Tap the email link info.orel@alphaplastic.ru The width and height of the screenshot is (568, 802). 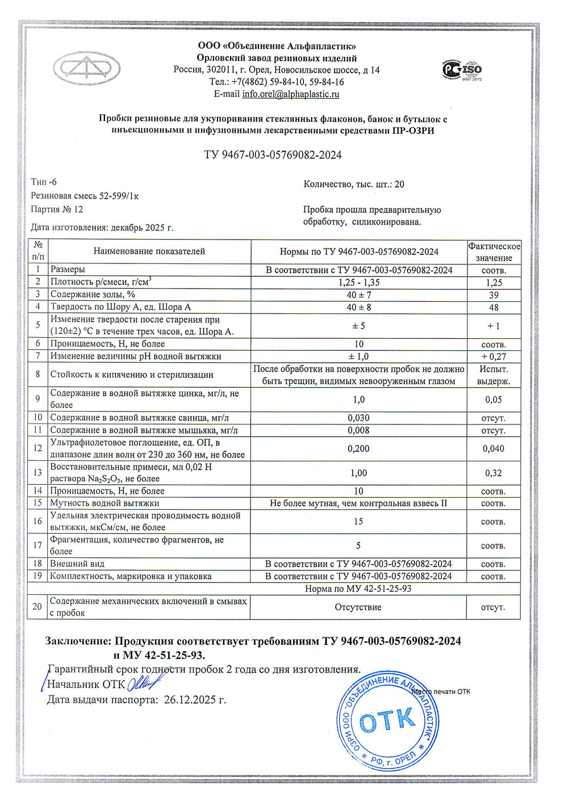[290, 94]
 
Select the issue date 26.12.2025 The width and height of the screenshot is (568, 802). [194, 700]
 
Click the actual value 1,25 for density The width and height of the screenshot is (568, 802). [494, 283]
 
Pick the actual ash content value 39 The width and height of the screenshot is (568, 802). [494, 295]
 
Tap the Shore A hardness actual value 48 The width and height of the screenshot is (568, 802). [494, 308]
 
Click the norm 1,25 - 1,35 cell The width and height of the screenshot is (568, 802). [359, 283]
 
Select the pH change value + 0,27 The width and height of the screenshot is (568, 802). [494, 356]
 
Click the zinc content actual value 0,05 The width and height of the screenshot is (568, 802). [494, 400]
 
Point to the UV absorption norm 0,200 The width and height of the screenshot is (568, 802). [359, 448]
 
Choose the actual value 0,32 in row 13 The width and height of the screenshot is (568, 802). [494, 473]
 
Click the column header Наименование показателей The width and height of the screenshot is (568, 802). [149, 251]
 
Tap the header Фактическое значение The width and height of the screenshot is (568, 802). [494, 252]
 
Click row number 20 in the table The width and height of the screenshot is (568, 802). [37, 607]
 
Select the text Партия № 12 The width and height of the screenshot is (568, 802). [57, 209]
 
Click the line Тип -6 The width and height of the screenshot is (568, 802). [44, 182]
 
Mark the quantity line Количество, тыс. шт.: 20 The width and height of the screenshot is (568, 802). [354, 184]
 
